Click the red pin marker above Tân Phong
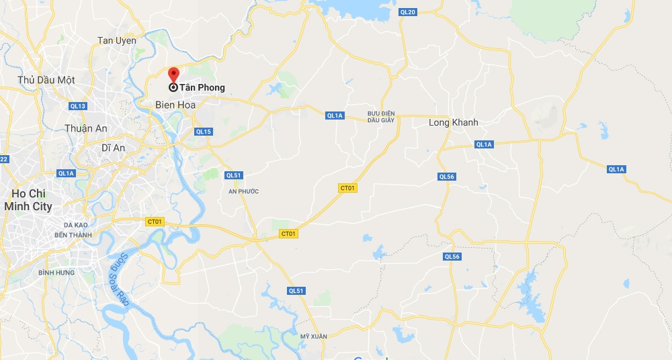[173, 74]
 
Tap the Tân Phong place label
[202, 87]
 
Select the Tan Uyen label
[117, 41]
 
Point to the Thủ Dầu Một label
[46, 81]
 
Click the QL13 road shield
[78, 106]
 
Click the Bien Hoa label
[175, 105]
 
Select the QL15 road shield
[204, 132]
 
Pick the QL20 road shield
[408, 12]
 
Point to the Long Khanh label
[454, 123]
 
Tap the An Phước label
[243, 191]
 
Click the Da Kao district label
[77, 224]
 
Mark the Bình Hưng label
[55, 273]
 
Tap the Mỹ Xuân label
[313, 336]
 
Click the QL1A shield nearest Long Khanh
[484, 144]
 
